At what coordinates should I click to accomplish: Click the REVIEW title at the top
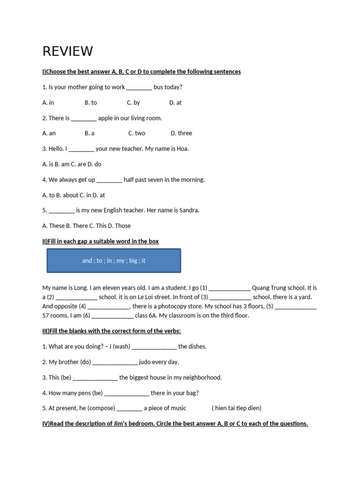pyautogui.click(x=67, y=51)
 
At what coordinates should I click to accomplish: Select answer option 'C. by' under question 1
pyautogui.click(x=134, y=103)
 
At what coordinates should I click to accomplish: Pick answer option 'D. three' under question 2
pyautogui.click(x=181, y=133)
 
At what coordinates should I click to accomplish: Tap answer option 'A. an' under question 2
pyautogui.click(x=49, y=133)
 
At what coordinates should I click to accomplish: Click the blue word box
pyautogui.click(x=113, y=261)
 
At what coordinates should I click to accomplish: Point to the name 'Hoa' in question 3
pyautogui.click(x=182, y=149)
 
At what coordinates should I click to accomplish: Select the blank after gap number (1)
pyautogui.click(x=229, y=288)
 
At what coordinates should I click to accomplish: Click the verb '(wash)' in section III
pyautogui.click(x=121, y=347)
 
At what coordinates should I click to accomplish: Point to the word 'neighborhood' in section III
pyautogui.click(x=198, y=377)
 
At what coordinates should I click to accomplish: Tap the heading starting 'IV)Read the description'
pyautogui.click(x=175, y=424)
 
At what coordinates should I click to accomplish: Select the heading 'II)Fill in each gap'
pyautogui.click(x=100, y=241)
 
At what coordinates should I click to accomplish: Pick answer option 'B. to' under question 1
pyautogui.click(x=91, y=103)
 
